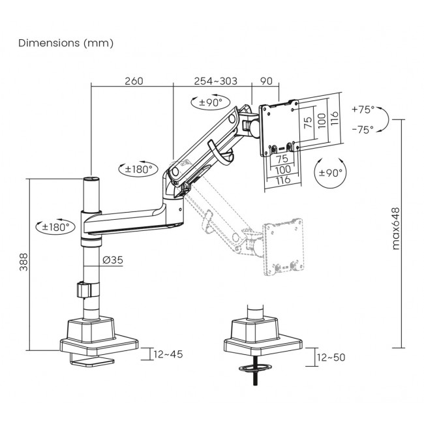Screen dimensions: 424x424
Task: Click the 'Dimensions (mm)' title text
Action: (x=66, y=43)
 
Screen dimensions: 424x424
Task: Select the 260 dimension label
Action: (x=133, y=82)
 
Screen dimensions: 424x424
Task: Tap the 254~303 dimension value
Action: (x=215, y=82)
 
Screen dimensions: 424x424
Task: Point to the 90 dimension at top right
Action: (x=265, y=82)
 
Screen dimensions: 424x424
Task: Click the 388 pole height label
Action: (x=23, y=263)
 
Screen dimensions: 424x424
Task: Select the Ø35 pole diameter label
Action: (x=112, y=260)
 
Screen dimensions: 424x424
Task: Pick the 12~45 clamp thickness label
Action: (x=168, y=354)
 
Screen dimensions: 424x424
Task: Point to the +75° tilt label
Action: (x=362, y=110)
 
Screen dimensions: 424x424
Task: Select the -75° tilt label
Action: (x=362, y=129)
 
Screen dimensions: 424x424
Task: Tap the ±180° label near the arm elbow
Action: (x=138, y=170)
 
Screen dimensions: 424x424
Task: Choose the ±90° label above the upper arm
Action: (x=209, y=102)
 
